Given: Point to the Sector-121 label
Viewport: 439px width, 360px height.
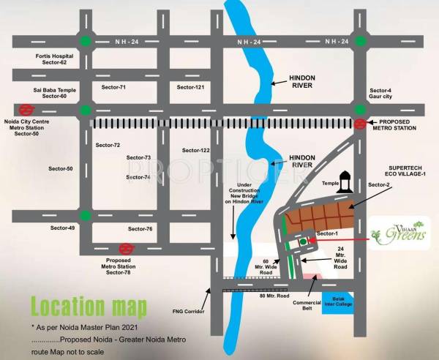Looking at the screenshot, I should pos(190,87).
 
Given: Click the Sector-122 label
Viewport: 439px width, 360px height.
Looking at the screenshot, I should pos(195,151).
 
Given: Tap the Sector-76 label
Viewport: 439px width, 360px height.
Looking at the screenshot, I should pos(139,229).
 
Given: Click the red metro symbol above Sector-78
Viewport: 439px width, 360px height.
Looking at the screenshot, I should pos(126,249).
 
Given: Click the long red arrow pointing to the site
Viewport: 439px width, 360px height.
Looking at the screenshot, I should pos(343,239).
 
